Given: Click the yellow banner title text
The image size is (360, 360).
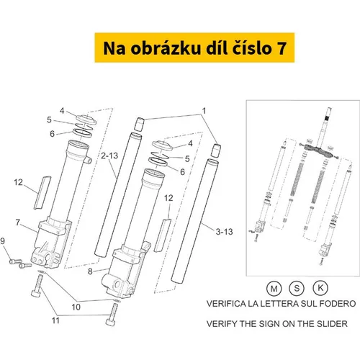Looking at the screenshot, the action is click(194, 48).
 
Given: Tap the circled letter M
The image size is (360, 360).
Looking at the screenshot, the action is click(274, 288).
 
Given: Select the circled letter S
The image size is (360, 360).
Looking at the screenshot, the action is click(297, 288).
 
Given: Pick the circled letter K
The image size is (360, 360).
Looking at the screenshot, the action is click(320, 287).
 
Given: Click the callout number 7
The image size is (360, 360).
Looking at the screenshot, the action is click(17, 222).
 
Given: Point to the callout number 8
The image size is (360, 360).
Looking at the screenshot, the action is click(90, 271).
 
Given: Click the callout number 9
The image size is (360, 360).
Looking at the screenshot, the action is click(3, 240).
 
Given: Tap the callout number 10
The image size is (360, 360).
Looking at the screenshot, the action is click(76, 307).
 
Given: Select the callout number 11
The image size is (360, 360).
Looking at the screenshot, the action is click(55, 320).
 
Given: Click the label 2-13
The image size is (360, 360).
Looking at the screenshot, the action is click(109, 156).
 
